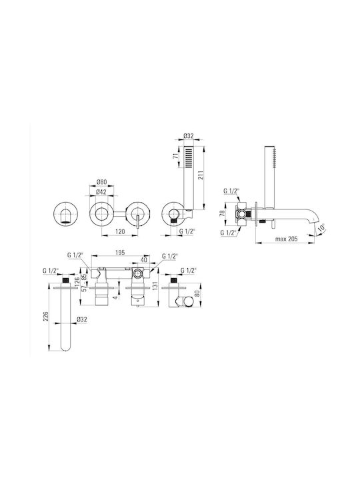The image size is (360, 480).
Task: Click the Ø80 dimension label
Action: [x=101, y=182]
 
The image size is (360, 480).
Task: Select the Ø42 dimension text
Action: [x=101, y=192]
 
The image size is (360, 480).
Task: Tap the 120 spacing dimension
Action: [x=120, y=232]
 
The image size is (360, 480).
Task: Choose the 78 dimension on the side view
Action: [x=223, y=213]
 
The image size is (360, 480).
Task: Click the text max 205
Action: [x=286, y=239]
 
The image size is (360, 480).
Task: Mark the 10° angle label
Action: [x=321, y=228]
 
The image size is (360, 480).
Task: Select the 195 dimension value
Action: [x=120, y=253]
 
